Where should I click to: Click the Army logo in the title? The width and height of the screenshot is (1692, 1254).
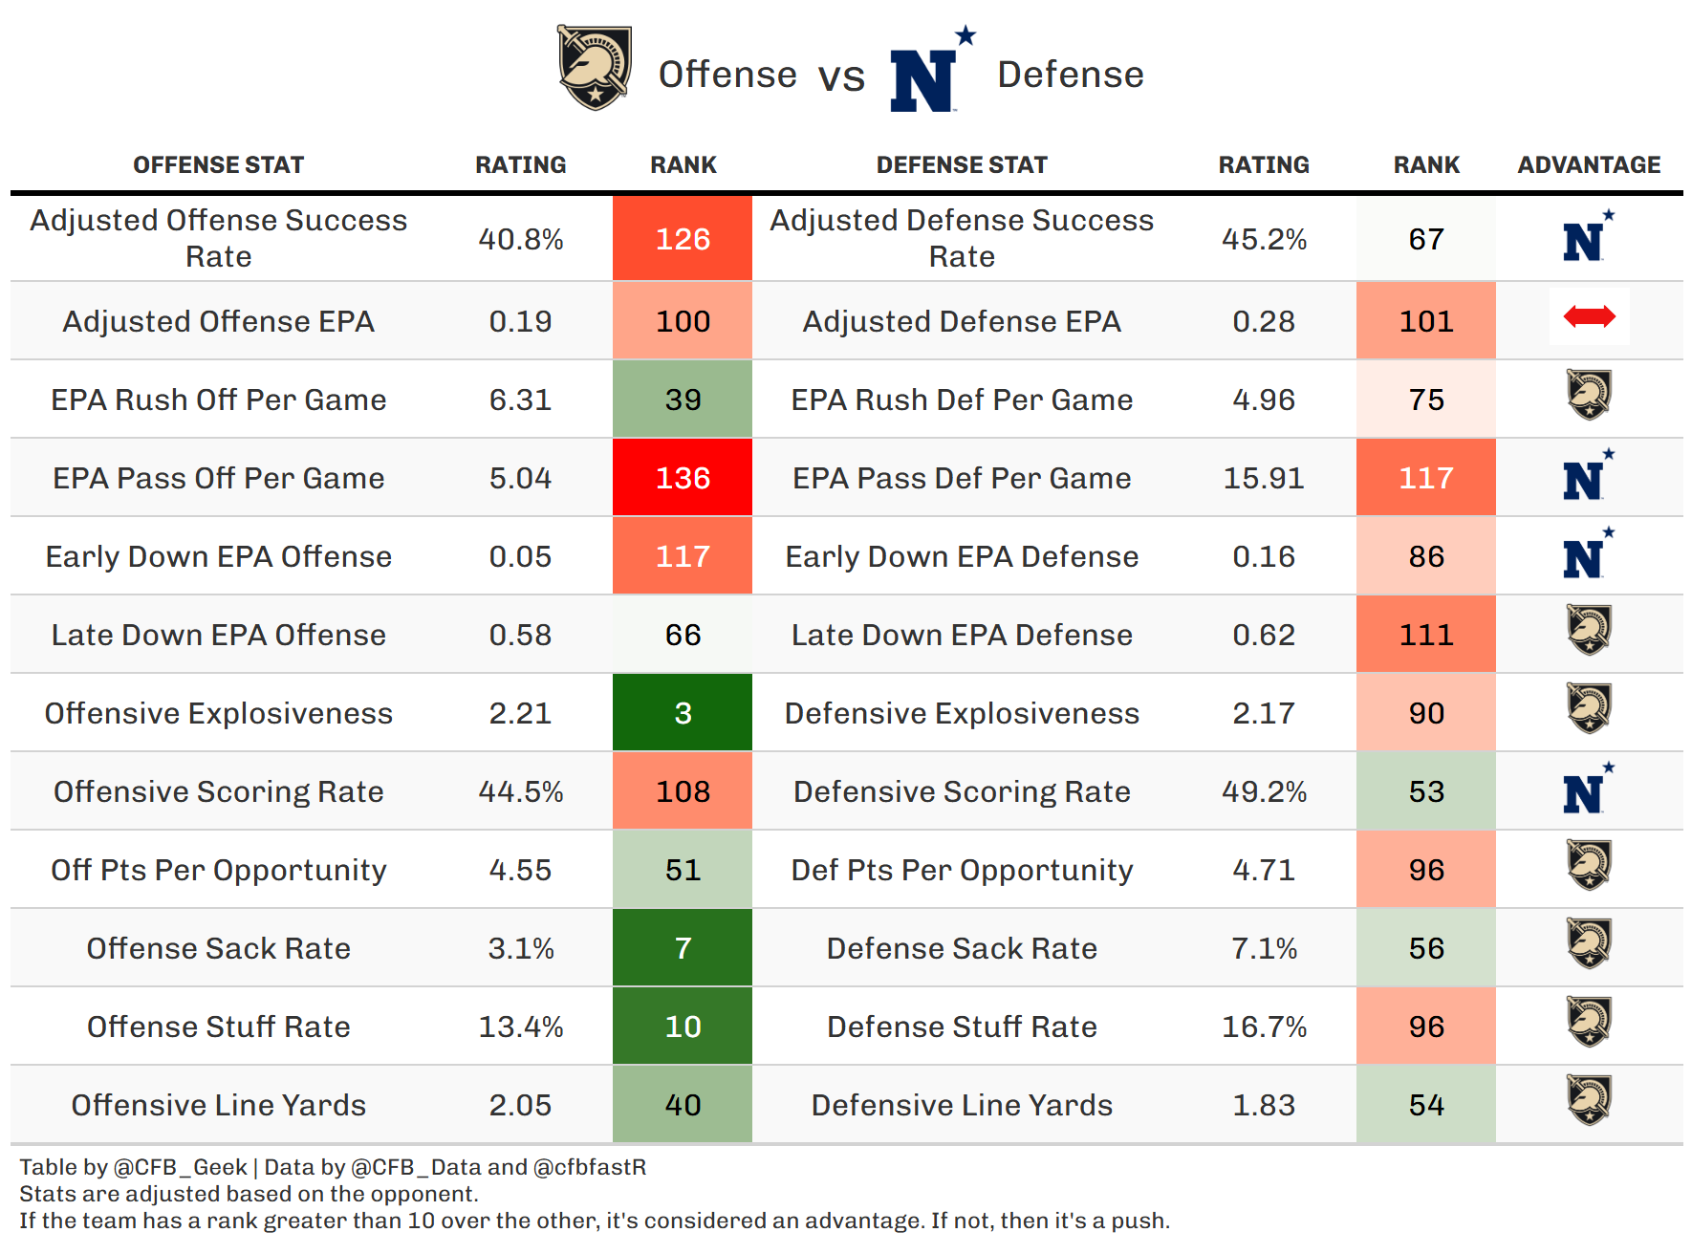(595, 68)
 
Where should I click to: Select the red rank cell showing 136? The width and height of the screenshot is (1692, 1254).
(683, 478)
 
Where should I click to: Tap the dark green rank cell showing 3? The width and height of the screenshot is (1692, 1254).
(683, 713)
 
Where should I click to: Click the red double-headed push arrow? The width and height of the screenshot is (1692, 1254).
(1589, 316)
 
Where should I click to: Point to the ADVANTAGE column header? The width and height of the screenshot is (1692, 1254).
(1589, 165)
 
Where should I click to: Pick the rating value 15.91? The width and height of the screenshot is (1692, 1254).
(1264, 478)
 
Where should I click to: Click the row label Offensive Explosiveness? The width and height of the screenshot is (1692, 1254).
(219, 713)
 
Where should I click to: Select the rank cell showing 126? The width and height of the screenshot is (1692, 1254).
(683, 239)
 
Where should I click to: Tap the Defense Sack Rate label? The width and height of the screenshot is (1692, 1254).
(962, 948)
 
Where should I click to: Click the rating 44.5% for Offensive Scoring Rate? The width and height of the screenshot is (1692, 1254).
(521, 791)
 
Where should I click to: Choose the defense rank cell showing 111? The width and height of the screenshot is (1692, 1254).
(1426, 635)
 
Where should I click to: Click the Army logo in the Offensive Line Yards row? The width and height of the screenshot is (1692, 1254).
(1589, 1100)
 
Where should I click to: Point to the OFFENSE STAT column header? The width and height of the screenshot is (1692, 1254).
(219, 165)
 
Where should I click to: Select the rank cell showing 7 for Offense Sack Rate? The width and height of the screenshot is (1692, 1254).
(683, 948)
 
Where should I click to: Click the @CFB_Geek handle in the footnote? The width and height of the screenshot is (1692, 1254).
(181, 1167)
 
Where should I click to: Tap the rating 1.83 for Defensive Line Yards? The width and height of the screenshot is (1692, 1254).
(1264, 1105)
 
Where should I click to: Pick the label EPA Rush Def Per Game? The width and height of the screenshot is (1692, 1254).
(962, 400)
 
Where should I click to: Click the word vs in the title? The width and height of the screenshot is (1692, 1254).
(841, 76)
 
